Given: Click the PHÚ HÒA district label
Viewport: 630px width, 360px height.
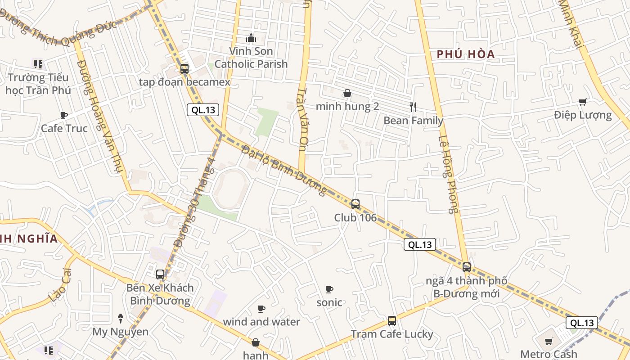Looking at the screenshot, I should [x=466, y=54].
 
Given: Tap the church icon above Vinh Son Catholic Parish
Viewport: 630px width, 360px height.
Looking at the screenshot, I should [x=251, y=38].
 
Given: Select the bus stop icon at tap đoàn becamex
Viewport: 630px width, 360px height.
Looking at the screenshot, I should [x=184, y=69].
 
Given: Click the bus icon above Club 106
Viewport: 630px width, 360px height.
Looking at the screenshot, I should [x=355, y=204].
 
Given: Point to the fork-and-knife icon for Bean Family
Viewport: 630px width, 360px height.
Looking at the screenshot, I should [x=413, y=107].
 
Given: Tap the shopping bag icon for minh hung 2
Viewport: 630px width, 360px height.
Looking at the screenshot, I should [x=347, y=94].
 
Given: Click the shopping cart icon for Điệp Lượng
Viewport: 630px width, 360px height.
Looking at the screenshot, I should [x=583, y=102].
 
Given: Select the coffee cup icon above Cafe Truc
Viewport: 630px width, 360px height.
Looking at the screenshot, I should [x=64, y=115].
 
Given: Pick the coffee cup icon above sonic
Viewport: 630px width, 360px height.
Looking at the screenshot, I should [x=329, y=289].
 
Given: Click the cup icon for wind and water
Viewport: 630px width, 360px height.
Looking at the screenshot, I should [x=261, y=309].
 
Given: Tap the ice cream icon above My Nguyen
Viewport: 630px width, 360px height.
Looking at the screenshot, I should [x=120, y=319].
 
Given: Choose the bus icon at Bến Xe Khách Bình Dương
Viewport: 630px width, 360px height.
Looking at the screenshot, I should [x=160, y=274].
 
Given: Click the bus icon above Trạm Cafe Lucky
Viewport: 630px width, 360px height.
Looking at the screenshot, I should [x=392, y=321].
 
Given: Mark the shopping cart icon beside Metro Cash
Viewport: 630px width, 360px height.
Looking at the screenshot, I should [x=549, y=341].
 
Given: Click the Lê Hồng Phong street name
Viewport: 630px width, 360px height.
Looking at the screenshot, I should [x=448, y=175].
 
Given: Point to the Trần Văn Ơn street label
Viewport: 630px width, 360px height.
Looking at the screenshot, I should [x=301, y=118].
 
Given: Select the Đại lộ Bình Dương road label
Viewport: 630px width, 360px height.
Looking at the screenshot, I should [x=284, y=171].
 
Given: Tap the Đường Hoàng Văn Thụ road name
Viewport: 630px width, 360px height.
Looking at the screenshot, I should [x=100, y=120].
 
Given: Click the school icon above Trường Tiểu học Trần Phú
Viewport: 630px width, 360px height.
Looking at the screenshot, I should [x=38, y=64].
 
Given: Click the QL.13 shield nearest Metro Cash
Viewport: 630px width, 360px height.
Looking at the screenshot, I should [x=582, y=323].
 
